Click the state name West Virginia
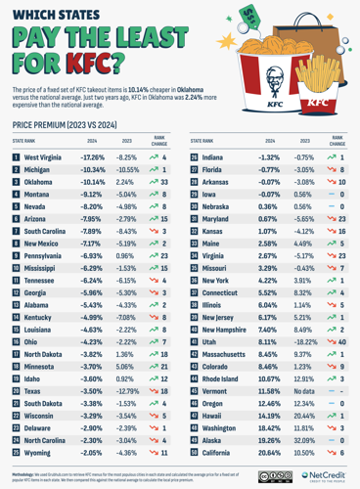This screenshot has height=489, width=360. click(45, 157)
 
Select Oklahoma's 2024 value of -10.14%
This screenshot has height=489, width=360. click(92, 182)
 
